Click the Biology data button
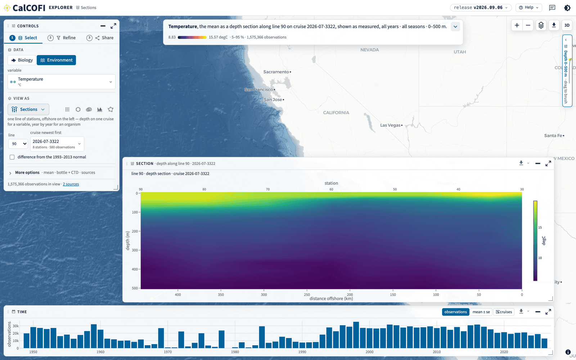(22, 60)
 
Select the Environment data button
(56, 60)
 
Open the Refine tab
(62, 38)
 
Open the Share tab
(100, 38)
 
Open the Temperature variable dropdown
(62, 81)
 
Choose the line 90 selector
(18, 144)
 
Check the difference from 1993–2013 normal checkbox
(12, 157)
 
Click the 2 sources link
(71, 184)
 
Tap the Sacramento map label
(276, 72)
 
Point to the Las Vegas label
(390, 125)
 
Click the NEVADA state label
(369, 50)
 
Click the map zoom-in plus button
(517, 25)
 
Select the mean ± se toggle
(481, 312)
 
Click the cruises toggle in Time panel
(504, 312)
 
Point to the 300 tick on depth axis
(135, 250)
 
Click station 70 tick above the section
(268, 189)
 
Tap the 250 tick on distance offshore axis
(307, 295)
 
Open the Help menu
(529, 8)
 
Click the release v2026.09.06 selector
(481, 8)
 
